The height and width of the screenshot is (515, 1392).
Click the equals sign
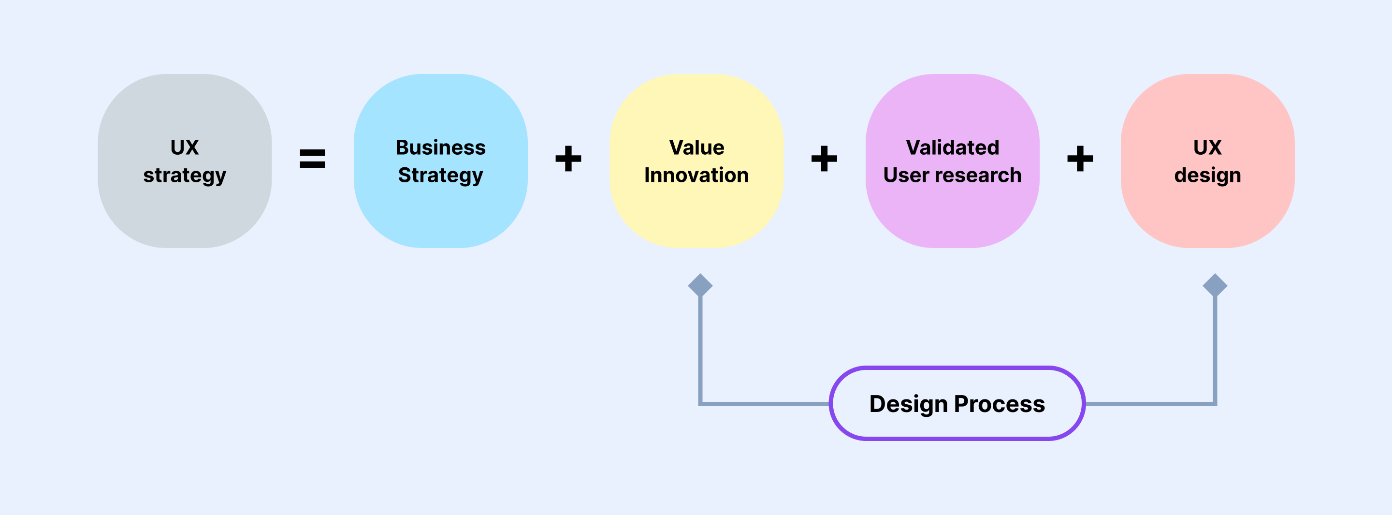[x=312, y=158]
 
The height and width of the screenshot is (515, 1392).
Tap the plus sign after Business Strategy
[x=568, y=158]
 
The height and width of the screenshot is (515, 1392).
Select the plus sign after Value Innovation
[x=824, y=158]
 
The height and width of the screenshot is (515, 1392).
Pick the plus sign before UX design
[x=1080, y=158]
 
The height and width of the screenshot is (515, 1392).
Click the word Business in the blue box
[x=440, y=147]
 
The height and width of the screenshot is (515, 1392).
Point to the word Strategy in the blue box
[x=440, y=176]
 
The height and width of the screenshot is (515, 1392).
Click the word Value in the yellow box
[x=696, y=147]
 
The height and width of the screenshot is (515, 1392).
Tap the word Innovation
[x=696, y=175]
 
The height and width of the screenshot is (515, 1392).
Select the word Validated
[x=953, y=147]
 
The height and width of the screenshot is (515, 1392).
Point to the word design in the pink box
[x=1208, y=176]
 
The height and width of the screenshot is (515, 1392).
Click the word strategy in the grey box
[x=185, y=176]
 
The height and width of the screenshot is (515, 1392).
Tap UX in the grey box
[x=185, y=147]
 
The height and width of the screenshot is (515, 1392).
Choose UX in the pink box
[x=1208, y=147]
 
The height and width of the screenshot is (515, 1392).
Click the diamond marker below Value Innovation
[x=700, y=285]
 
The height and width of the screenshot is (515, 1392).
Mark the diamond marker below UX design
[x=1215, y=285]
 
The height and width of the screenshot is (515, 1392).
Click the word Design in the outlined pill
[x=908, y=405]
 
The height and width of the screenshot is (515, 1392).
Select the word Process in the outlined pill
[x=1000, y=404]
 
